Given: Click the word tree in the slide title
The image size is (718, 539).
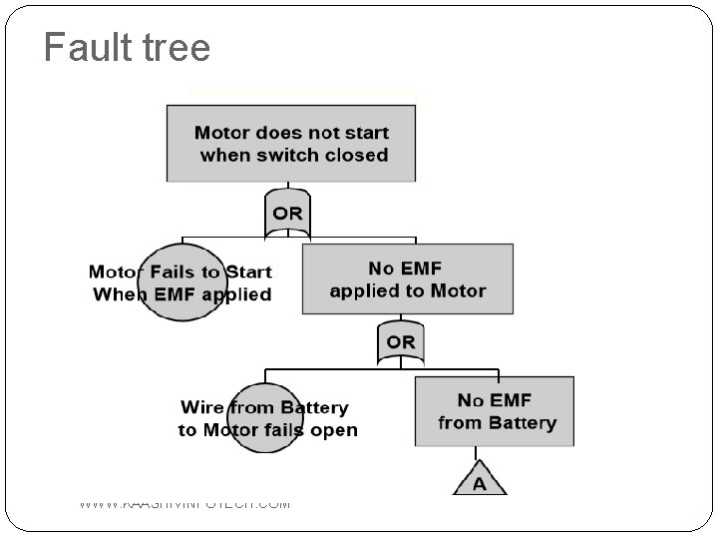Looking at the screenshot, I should tap(174, 47).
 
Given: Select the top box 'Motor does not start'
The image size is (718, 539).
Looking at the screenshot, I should tap(291, 144).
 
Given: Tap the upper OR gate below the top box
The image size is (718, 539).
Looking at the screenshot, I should tap(287, 214).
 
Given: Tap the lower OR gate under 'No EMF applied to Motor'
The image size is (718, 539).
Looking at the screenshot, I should tap(400, 342).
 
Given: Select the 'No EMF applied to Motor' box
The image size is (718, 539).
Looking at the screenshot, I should tap(407, 279).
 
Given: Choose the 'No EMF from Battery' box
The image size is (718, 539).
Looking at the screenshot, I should tap(495, 411).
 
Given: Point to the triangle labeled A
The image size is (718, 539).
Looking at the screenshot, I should tap(479, 481).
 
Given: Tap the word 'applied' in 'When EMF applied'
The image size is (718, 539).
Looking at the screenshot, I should tap(236, 294).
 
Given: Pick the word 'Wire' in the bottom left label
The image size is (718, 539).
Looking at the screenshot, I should tap(201, 407).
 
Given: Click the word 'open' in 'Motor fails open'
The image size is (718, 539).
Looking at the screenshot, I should tap(334, 431).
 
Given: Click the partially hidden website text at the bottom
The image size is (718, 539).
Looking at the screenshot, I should tap(184, 504).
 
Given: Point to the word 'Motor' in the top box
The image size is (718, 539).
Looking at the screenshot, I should tap(222, 133).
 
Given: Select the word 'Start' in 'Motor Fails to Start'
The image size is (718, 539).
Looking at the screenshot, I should tap(248, 271).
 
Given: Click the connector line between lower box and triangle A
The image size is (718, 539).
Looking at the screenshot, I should tap(479, 454).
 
